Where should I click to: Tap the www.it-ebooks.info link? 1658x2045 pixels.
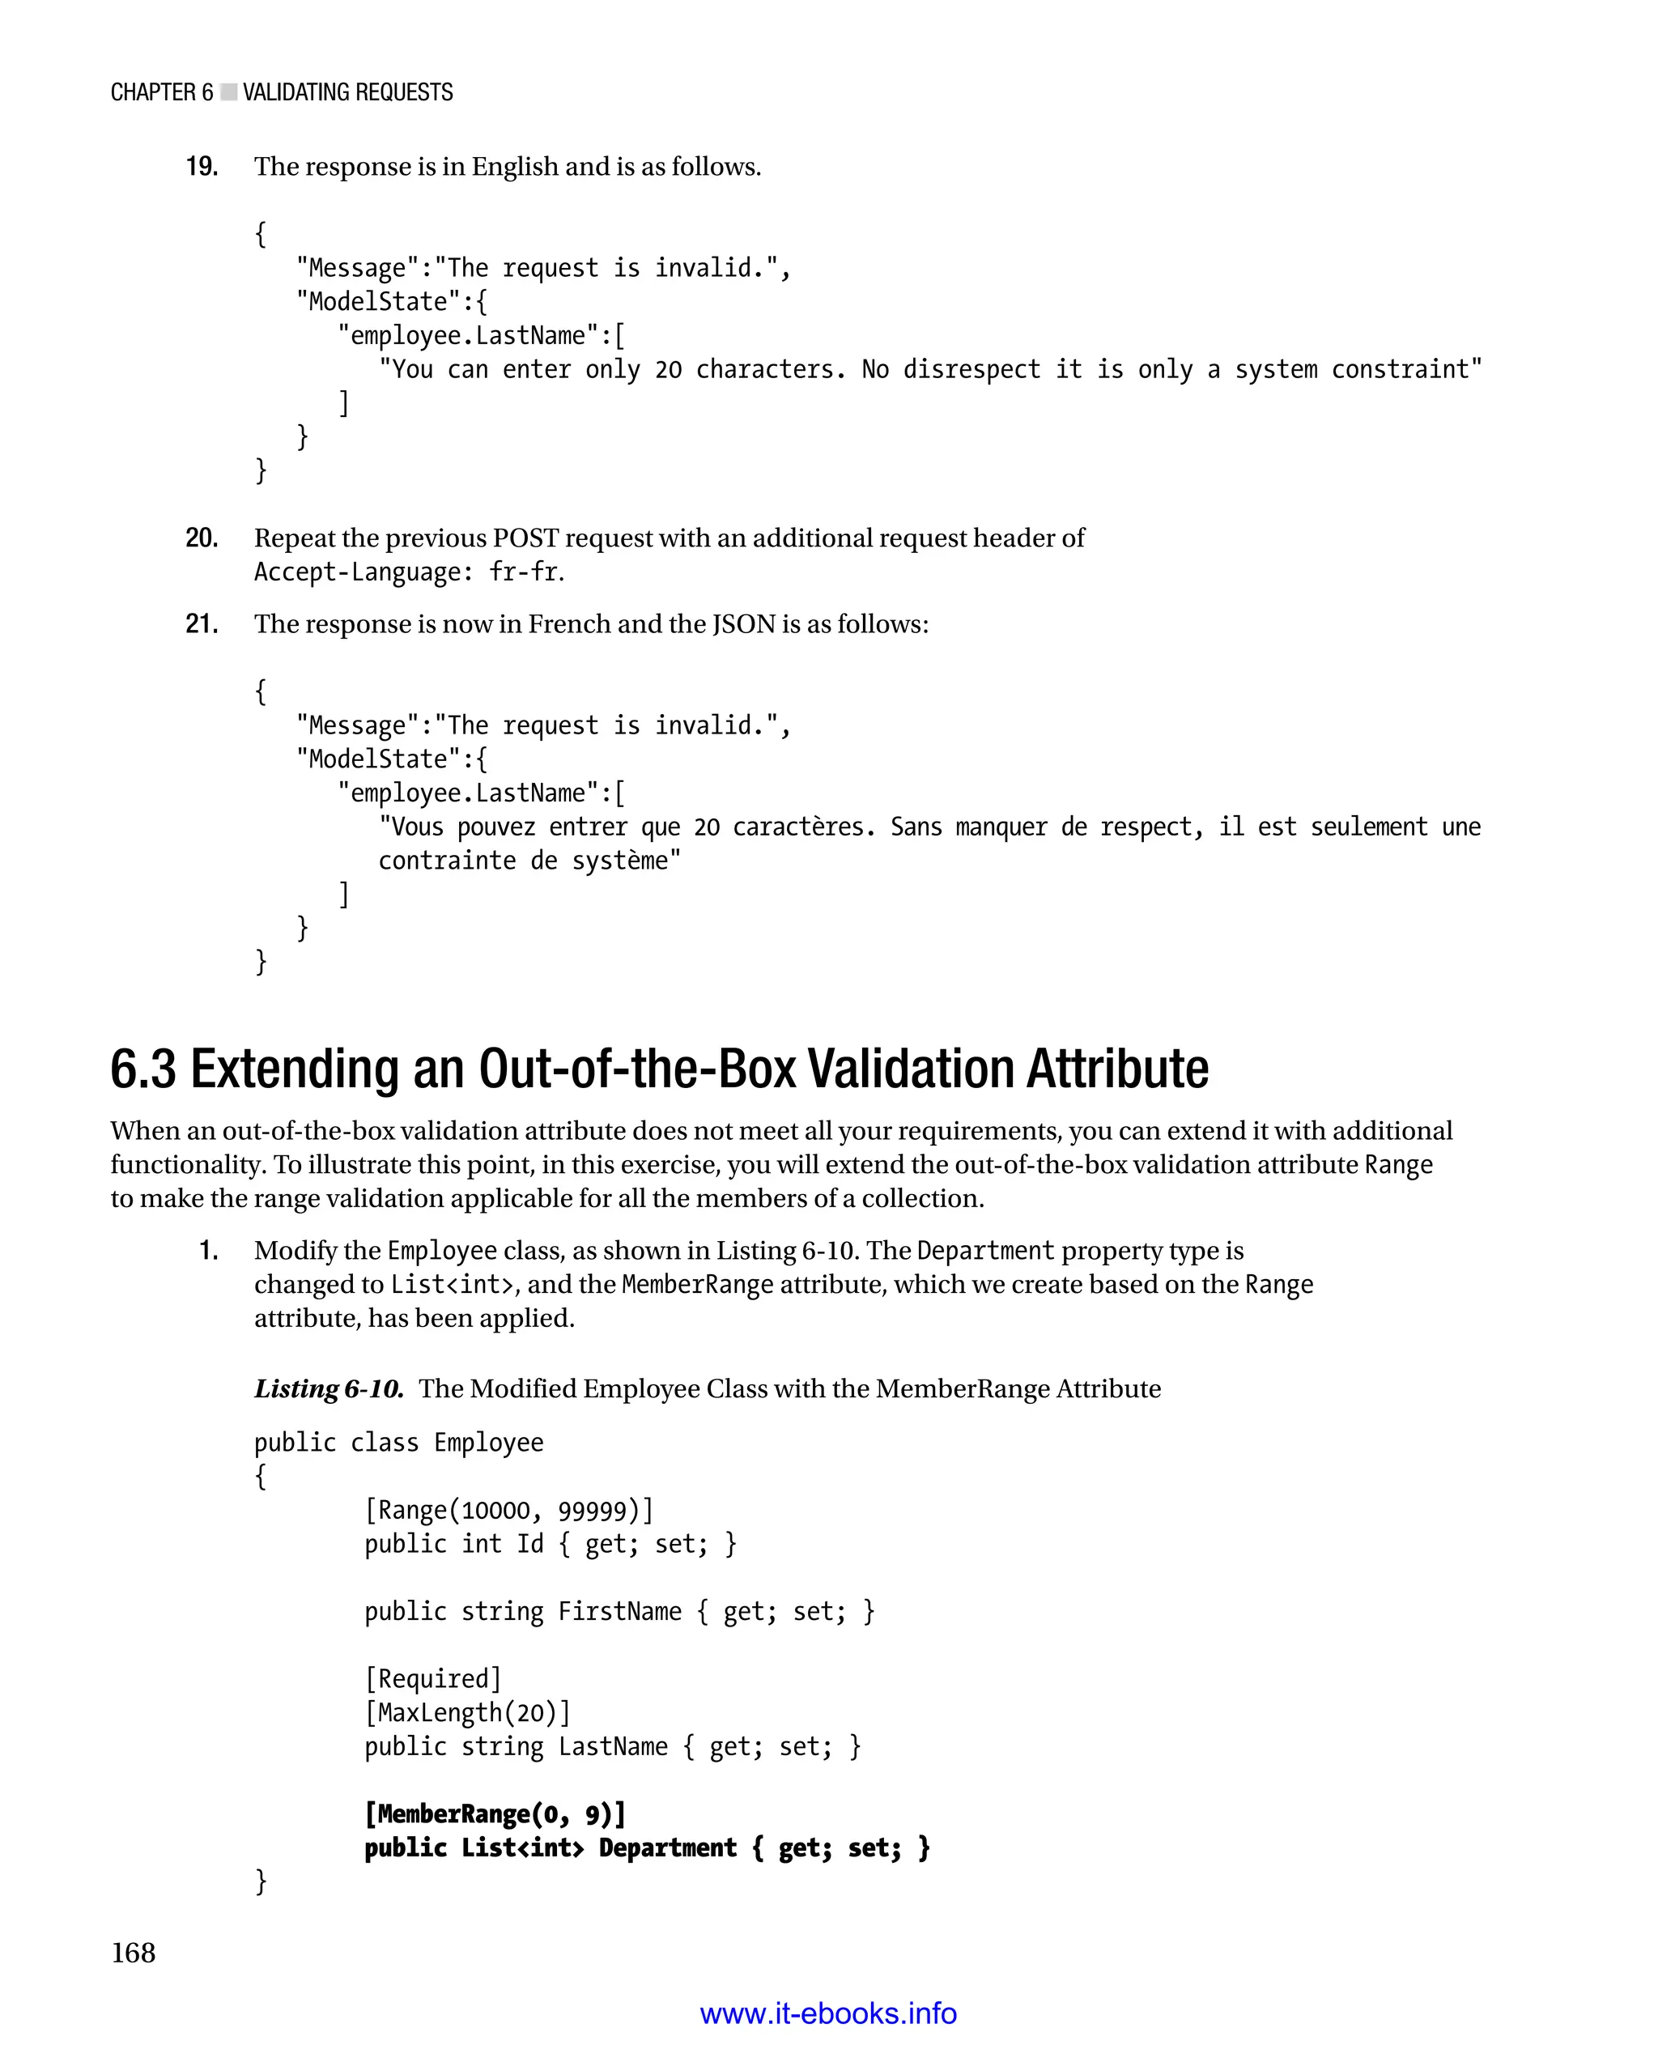pos(828,2013)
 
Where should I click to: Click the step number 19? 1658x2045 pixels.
pos(202,167)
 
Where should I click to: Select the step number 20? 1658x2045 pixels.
pos(202,538)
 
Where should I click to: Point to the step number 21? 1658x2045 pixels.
pos(202,625)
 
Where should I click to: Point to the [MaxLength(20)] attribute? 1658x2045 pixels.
pos(468,1712)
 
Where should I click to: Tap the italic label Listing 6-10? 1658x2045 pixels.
pos(329,1388)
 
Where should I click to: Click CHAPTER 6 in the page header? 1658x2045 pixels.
pos(161,92)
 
